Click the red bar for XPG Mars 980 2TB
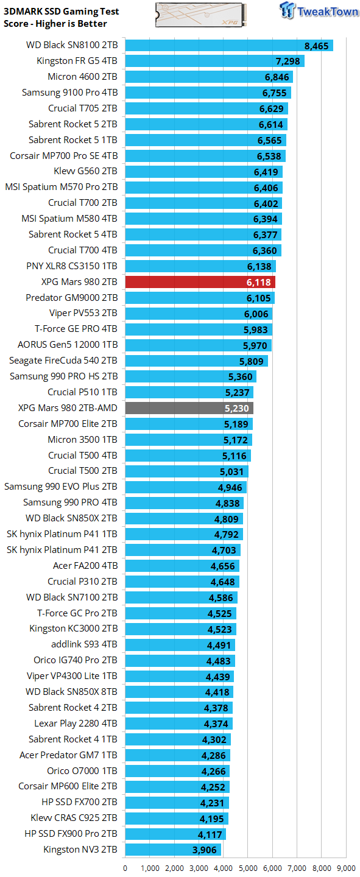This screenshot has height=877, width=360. pyautogui.click(x=200, y=282)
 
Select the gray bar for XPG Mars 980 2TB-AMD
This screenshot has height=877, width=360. pyautogui.click(x=189, y=408)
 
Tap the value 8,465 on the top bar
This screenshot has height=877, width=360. pyautogui.click(x=316, y=46)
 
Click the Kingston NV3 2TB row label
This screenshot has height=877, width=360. pyautogui.click(x=80, y=849)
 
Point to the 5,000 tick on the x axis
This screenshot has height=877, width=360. pyautogui.click(x=248, y=868)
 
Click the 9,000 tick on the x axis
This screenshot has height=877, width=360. pyautogui.click(x=346, y=868)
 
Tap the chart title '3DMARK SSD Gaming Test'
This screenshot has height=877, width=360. pyautogui.click(x=62, y=12)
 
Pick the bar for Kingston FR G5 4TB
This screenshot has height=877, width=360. pyautogui.click(x=214, y=61)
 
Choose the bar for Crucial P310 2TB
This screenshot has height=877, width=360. pyautogui.click(x=182, y=582)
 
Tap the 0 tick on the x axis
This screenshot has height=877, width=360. pyautogui.click(x=125, y=868)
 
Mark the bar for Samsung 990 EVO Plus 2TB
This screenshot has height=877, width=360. pyautogui.click(x=185, y=487)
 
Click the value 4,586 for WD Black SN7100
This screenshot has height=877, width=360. pyautogui.click(x=221, y=597)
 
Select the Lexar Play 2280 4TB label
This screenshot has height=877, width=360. pyautogui.click(x=76, y=724)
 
